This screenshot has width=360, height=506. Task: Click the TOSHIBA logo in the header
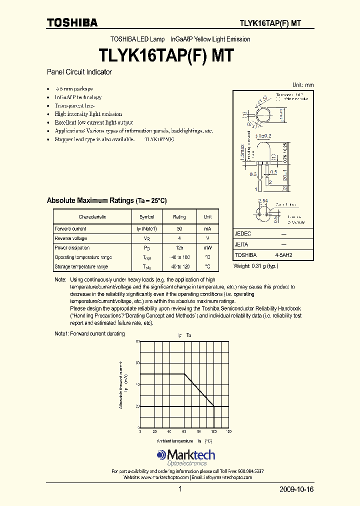72,22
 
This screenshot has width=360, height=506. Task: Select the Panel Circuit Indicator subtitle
79,72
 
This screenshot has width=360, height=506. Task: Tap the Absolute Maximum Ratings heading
106,200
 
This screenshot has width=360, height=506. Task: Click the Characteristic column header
92,217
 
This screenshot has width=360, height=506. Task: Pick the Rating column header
179,217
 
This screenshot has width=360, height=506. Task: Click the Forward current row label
70,229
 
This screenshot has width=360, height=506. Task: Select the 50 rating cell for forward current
179,229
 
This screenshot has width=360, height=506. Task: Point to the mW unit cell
207,248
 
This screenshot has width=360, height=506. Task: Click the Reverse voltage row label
70,238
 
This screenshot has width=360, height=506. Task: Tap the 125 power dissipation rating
179,248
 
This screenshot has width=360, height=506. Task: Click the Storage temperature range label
81,267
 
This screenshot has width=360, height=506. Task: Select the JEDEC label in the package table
243,234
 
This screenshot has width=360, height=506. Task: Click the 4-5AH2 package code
283,255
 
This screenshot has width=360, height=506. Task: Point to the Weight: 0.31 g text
255,266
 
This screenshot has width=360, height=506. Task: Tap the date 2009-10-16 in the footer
296,489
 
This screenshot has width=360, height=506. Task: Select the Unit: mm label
303,85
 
